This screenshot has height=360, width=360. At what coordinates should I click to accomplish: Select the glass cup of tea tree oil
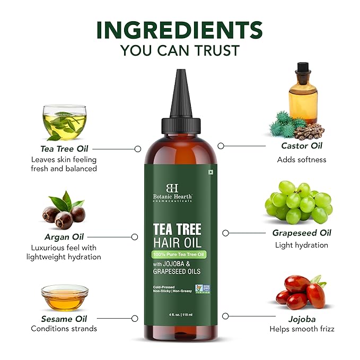point(64,122)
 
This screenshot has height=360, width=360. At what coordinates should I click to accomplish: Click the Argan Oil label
point(64,236)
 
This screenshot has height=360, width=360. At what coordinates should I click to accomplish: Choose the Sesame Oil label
point(64,319)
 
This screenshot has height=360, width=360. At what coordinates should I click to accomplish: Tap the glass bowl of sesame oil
point(65,297)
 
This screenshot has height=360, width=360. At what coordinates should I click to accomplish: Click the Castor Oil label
point(301,146)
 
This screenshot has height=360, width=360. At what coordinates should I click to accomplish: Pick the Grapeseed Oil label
point(301,233)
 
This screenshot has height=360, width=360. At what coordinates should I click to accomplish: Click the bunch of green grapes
point(298,202)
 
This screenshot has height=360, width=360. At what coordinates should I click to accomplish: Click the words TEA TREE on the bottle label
point(177,230)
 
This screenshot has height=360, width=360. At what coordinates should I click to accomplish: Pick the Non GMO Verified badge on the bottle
point(202,288)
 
